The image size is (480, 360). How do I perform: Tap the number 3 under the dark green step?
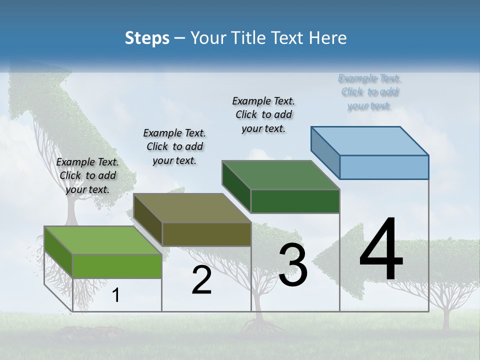(293, 265)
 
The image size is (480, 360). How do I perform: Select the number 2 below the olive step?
(201, 280)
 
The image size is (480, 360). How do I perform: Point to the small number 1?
(115, 295)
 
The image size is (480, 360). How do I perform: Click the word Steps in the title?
(147, 38)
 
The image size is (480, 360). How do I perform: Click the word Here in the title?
(327, 38)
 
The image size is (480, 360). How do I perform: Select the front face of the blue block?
(384, 167)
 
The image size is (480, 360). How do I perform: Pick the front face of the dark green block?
(295, 201)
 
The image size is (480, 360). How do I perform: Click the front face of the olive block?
(206, 234)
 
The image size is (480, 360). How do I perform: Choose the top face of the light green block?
(103, 240)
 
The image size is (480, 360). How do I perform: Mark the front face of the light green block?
(117, 266)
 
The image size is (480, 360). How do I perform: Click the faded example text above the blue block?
(369, 92)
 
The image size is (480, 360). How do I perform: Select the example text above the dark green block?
(263, 115)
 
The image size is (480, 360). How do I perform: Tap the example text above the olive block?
(174, 146)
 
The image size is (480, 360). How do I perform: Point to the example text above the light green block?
(87, 175)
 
